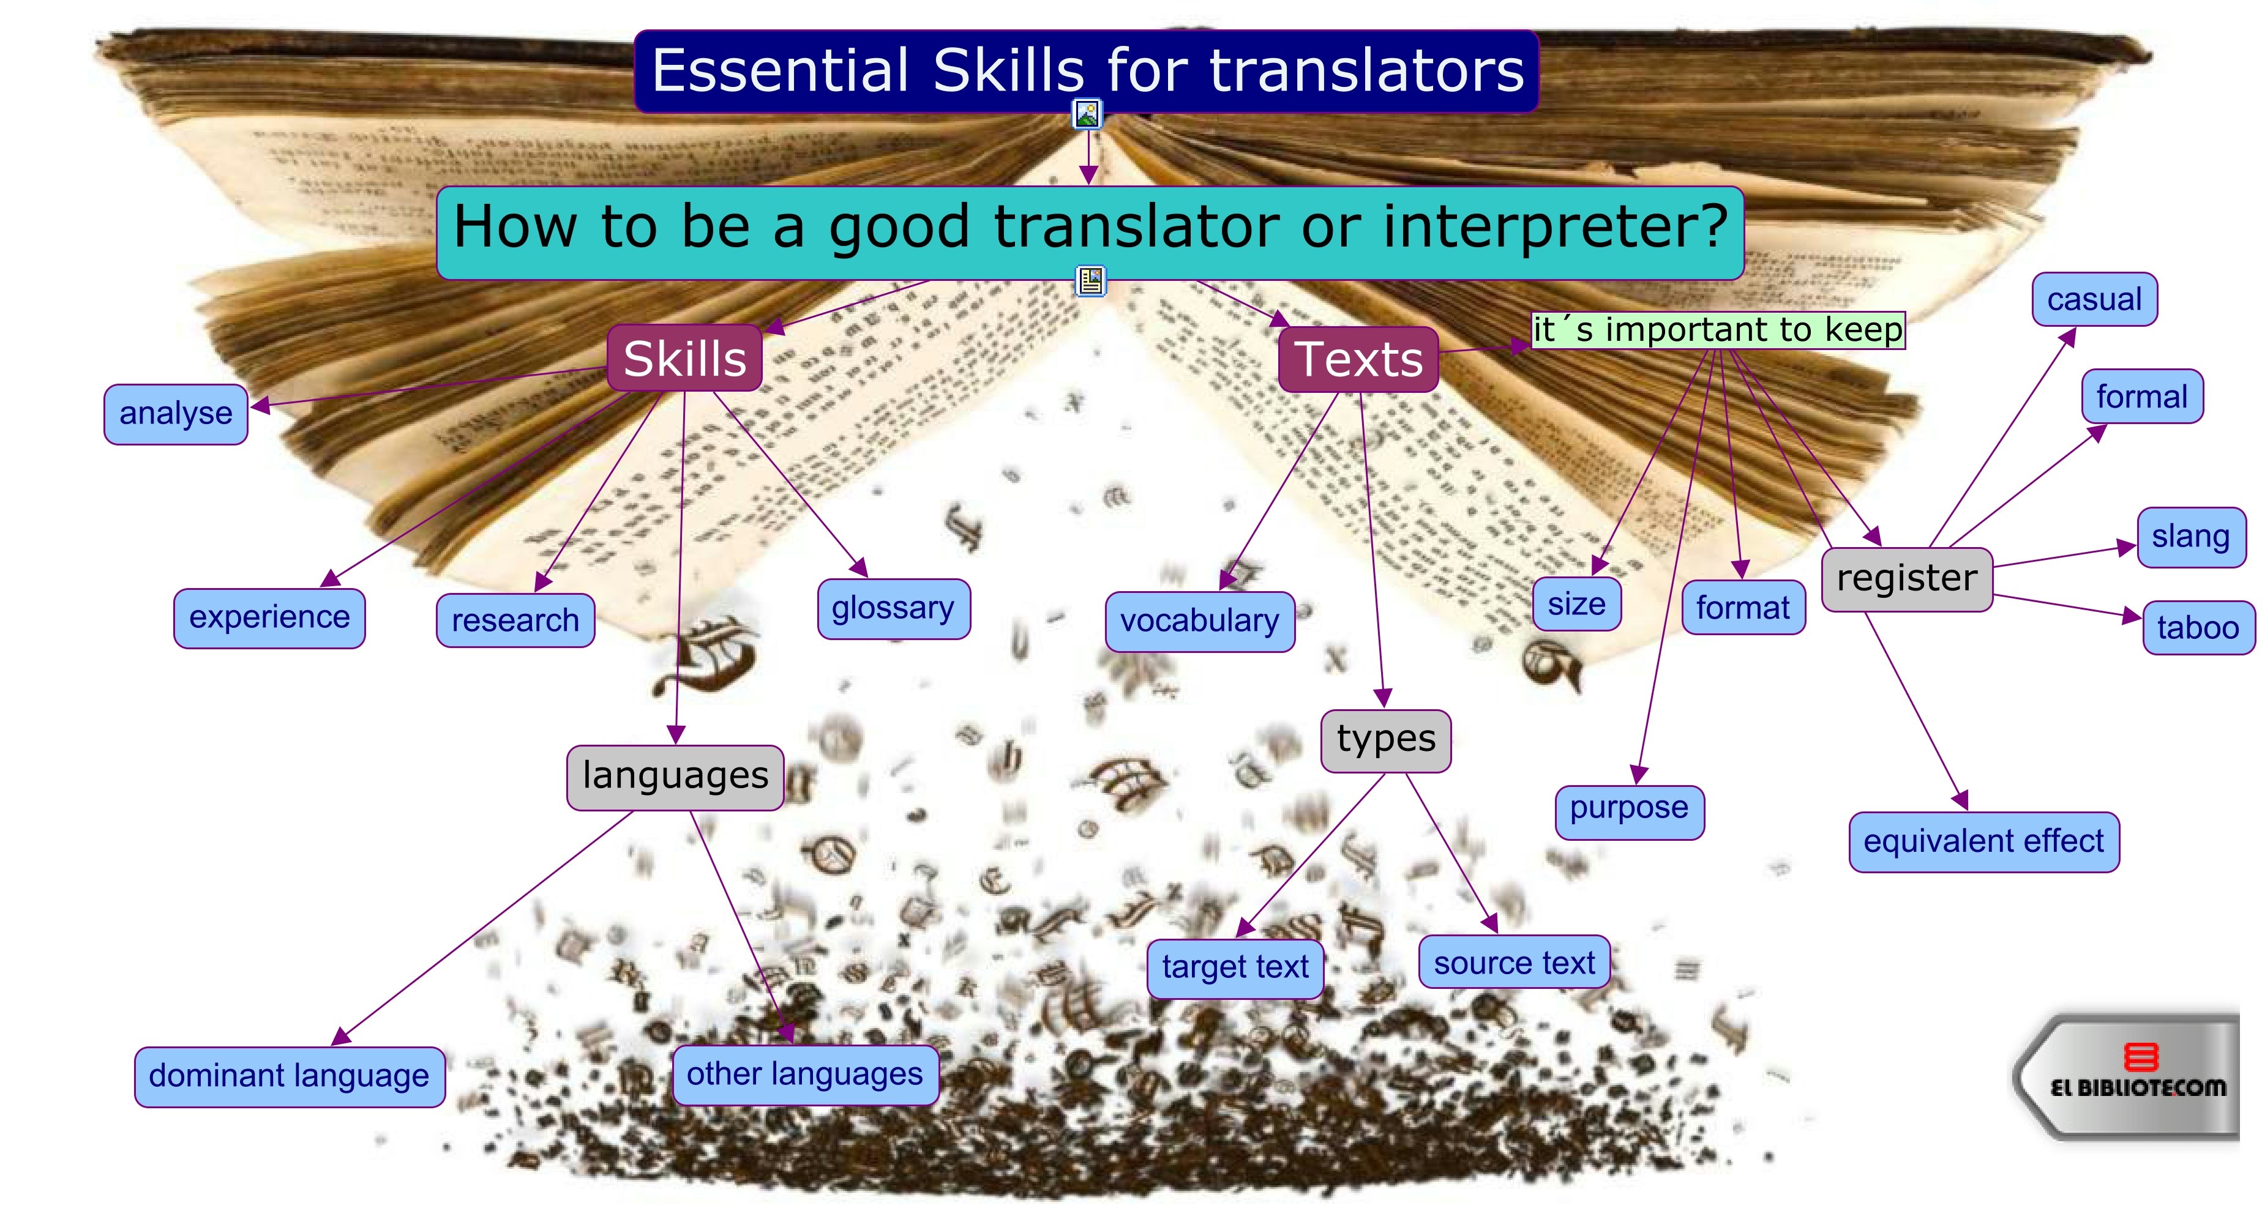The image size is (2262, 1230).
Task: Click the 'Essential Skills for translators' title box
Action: pos(1086,71)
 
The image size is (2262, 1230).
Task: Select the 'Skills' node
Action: pos(684,358)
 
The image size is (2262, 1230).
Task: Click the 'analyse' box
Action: pos(176,414)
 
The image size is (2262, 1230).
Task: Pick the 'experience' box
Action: pos(269,618)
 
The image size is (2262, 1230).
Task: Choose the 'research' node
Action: pos(515,621)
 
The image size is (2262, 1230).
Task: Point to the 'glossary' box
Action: pos(894,608)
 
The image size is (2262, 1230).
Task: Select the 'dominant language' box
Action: pos(290,1076)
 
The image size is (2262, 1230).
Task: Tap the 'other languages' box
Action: pos(805,1075)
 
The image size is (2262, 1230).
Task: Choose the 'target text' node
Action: pos(1235,967)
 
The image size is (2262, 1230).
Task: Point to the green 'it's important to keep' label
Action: pos(1718,330)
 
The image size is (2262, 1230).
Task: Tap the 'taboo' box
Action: pos(2199,628)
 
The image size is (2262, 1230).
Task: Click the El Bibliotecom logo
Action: pos(2129,1076)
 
